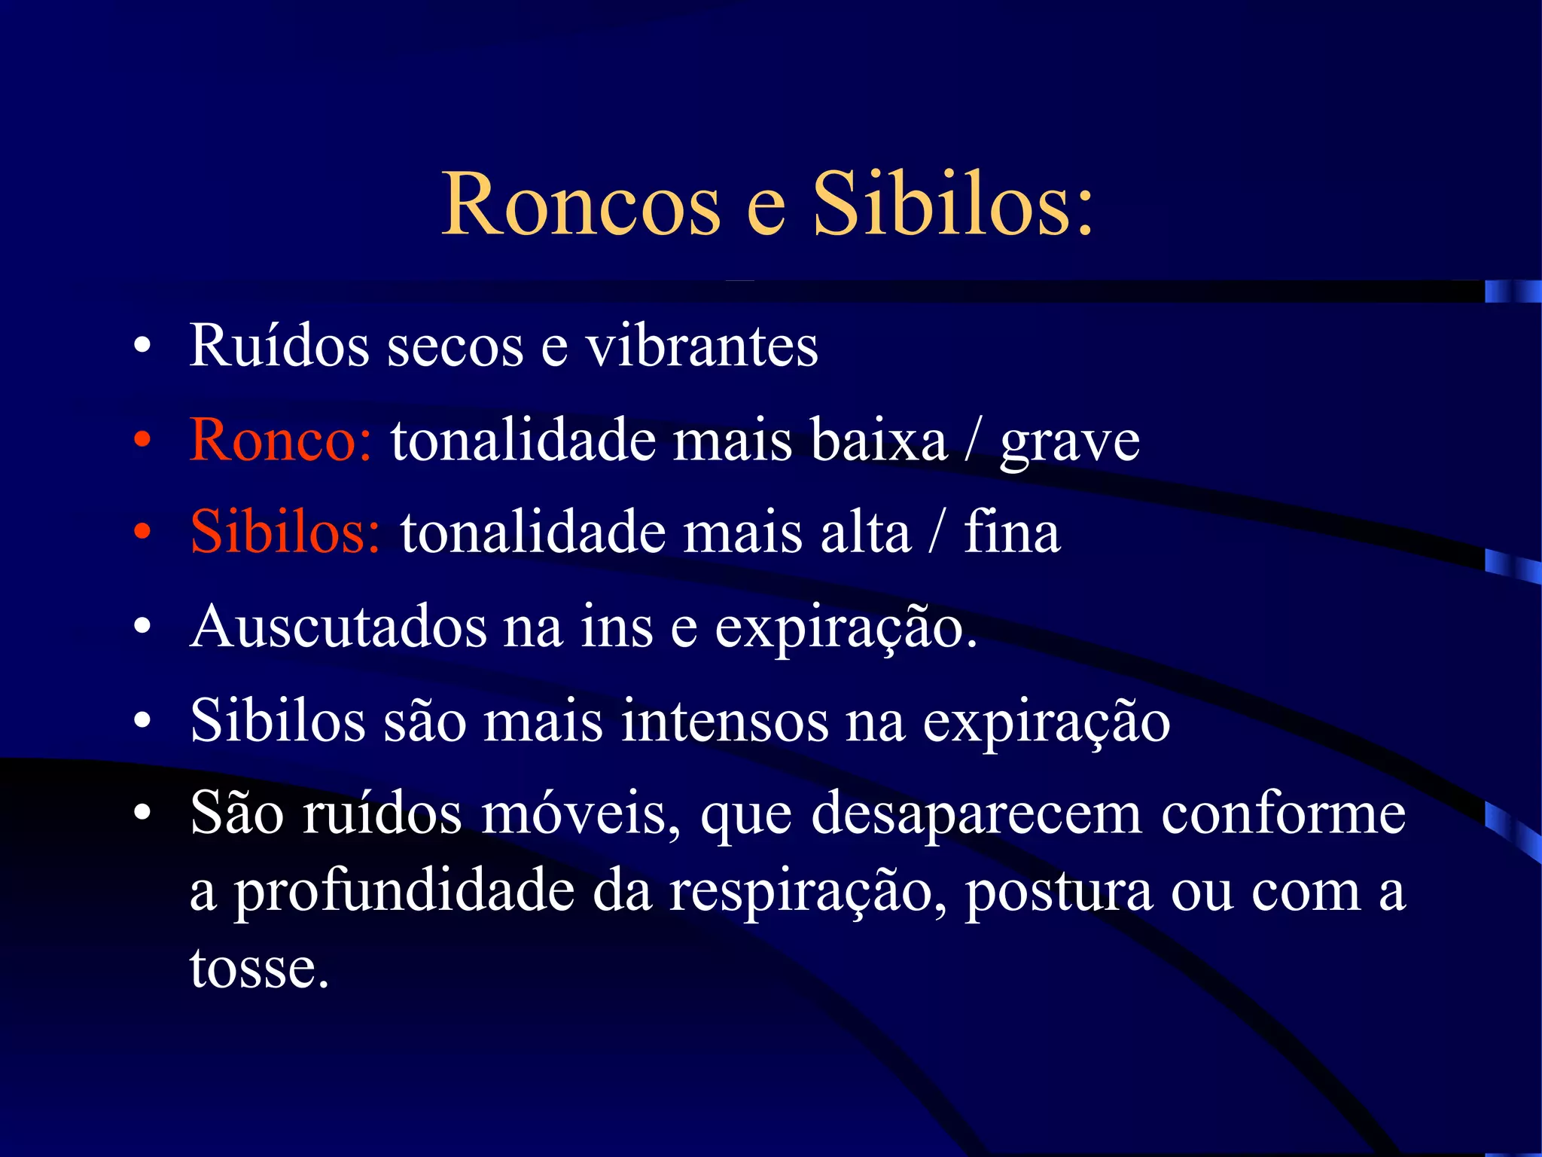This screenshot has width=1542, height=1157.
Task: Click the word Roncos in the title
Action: point(581,205)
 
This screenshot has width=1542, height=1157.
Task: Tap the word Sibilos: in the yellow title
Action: point(952,205)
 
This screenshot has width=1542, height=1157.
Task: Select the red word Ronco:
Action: point(280,440)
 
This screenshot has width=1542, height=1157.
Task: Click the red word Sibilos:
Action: point(285,533)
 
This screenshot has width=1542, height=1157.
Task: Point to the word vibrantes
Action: point(702,346)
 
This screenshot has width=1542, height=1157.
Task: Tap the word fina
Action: point(1012,533)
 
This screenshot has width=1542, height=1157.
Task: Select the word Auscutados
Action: point(338,627)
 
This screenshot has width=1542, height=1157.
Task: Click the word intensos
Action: point(724,721)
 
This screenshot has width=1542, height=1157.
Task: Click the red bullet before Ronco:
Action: point(142,441)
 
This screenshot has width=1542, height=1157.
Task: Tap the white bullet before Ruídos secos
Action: point(142,347)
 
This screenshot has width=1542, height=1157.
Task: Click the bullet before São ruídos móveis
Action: point(142,815)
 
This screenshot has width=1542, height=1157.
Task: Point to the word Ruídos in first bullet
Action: point(279,346)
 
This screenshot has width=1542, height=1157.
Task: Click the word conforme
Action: point(1283,814)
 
